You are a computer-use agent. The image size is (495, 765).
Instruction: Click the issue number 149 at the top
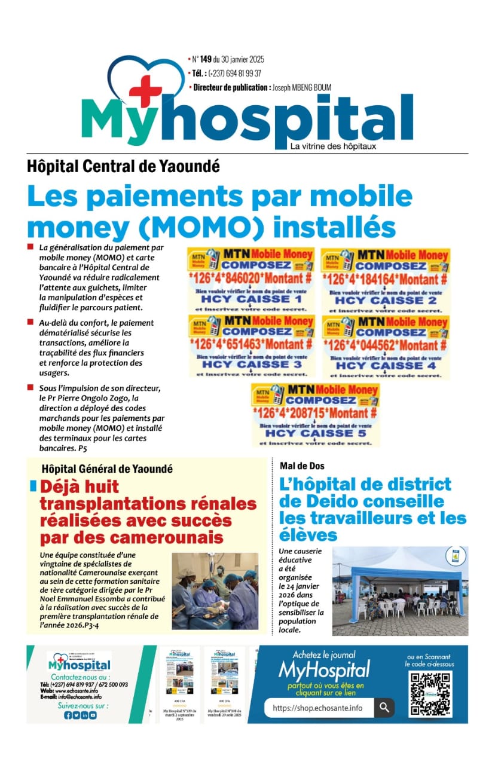pos(205,59)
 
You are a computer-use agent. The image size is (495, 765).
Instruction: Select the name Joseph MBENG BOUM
pos(301,87)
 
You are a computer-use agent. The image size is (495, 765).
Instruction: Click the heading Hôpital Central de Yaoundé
pos(123,166)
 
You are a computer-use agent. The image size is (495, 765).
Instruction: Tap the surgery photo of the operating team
pos(215,590)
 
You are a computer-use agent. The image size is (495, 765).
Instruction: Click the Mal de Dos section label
pos(302,465)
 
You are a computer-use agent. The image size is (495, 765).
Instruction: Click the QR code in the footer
pos(430,694)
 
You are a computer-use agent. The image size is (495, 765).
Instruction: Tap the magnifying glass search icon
pos(384,708)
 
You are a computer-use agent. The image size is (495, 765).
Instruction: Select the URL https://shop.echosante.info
pos(317,708)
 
